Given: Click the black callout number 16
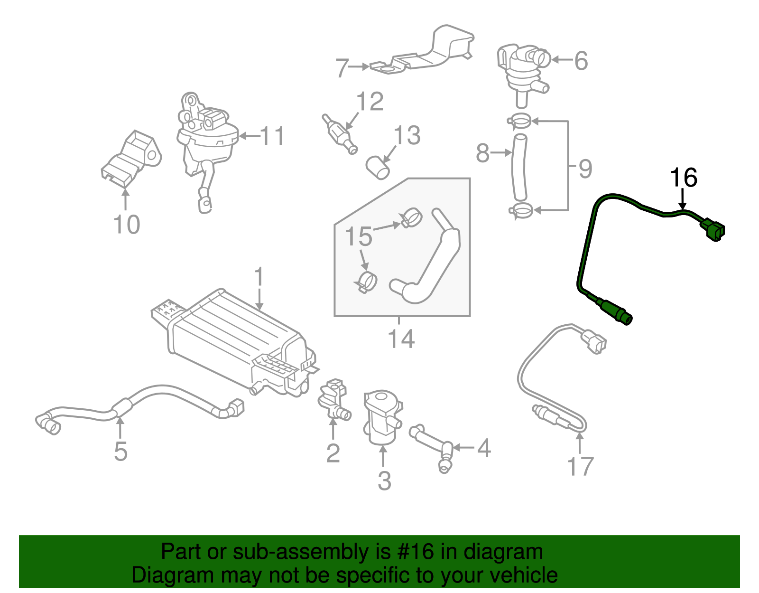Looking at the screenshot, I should point(683,178).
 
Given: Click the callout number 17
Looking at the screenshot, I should point(580,466).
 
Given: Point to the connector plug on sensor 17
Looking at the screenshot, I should point(593,342).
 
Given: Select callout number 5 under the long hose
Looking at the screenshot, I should point(120,451).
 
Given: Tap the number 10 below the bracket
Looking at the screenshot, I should point(127,224).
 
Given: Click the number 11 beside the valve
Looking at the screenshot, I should point(273,136).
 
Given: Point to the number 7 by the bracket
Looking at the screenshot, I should point(342,68).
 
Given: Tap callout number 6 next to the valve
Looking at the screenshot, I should point(581,61).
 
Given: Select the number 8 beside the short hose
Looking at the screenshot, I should point(482,153).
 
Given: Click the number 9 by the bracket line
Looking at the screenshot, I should point(585,169).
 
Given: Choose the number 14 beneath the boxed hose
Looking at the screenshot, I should point(401,339).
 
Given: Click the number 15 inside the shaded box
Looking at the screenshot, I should point(359,236).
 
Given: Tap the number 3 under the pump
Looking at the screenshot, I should point(384,480).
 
